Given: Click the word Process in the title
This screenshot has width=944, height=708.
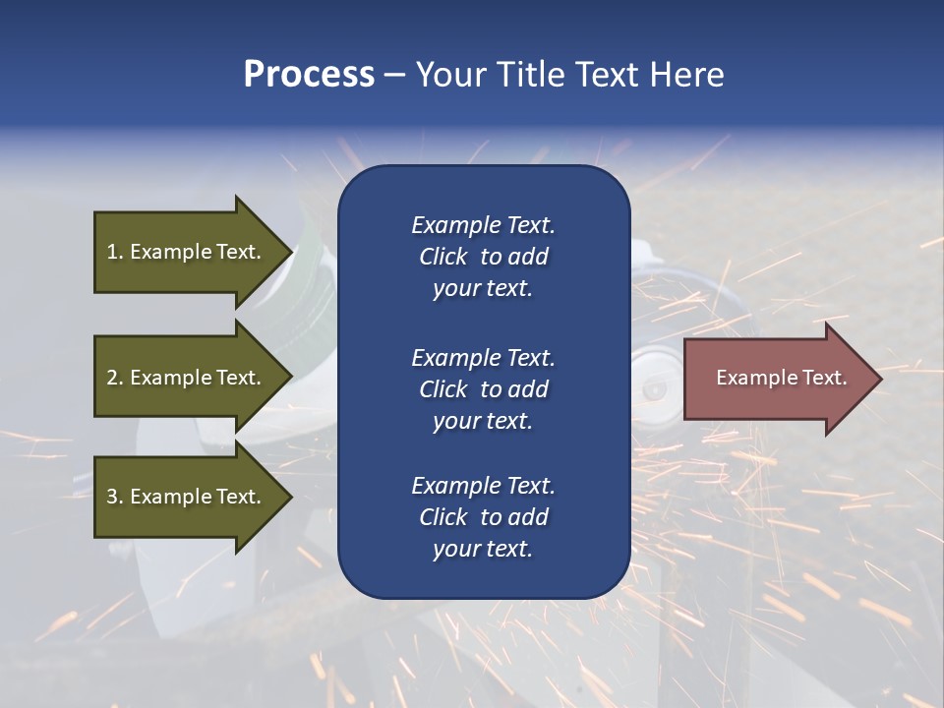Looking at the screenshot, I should [x=309, y=75].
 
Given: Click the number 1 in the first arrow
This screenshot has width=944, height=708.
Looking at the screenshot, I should [x=112, y=252].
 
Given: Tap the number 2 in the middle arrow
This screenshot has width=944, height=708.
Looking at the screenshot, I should [x=112, y=378].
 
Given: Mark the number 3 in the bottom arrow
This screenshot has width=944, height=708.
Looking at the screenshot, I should [x=112, y=497].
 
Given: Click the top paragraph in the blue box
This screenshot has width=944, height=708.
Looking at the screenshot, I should [x=483, y=257].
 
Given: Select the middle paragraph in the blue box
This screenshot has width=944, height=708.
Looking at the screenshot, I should [x=483, y=388].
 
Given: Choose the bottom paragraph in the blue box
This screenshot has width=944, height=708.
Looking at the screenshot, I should [x=483, y=517].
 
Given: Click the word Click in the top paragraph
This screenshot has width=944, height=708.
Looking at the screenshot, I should [x=442, y=257].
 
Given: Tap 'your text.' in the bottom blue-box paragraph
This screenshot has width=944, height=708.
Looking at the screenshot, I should [x=483, y=549].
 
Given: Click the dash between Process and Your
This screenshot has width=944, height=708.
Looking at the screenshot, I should [x=394, y=76].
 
